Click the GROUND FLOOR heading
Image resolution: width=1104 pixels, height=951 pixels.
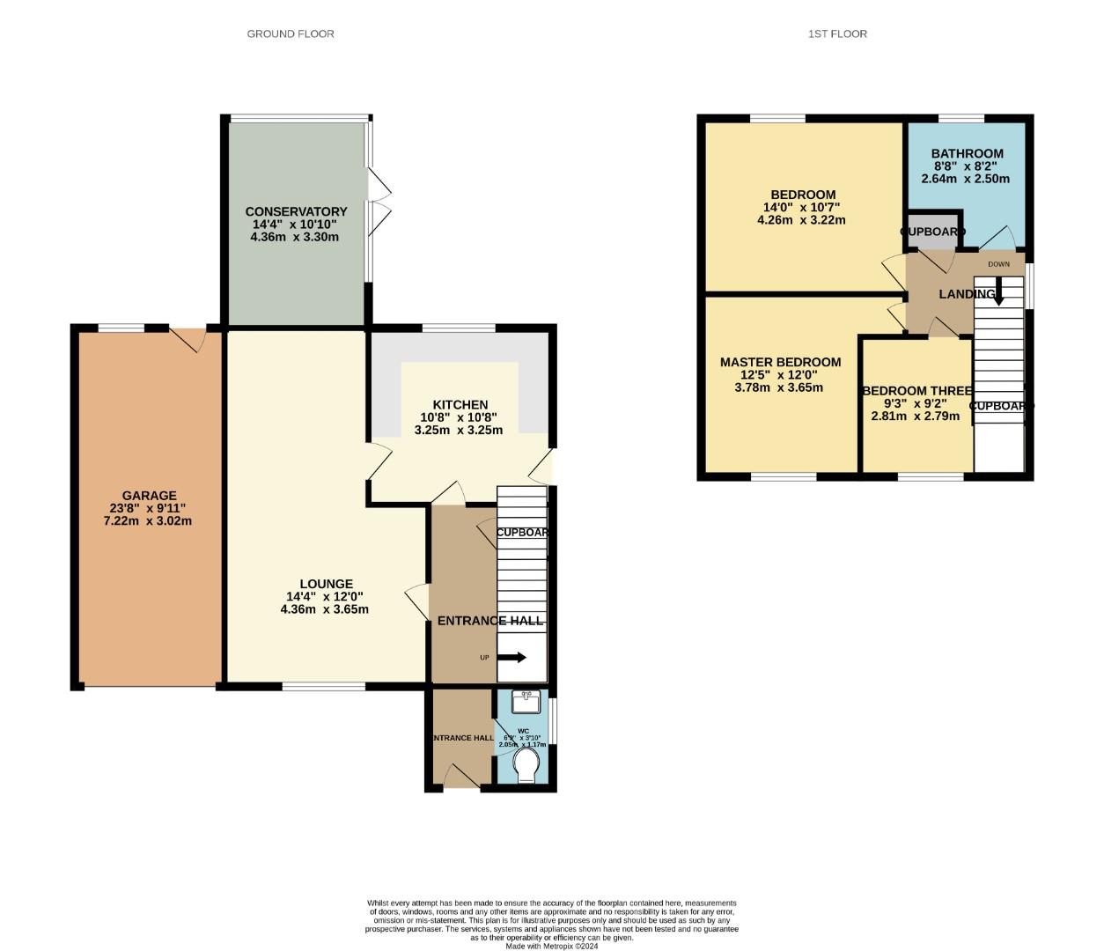coord(290,34)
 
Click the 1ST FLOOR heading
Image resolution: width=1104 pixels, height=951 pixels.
coord(837,34)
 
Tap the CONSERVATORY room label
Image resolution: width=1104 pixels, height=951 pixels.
coord(296,211)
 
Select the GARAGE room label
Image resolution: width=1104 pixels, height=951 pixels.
coord(149,496)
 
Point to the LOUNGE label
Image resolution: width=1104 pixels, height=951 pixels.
coord(326,584)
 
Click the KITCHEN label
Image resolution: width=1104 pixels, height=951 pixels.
coord(460,405)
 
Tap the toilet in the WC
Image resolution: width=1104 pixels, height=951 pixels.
coord(526,765)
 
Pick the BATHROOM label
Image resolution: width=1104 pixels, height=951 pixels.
coord(967,153)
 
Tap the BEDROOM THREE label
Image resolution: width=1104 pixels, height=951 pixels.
coord(916,391)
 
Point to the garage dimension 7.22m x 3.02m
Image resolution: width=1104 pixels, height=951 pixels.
coord(147,520)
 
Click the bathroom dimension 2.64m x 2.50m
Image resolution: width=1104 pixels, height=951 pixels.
coord(965,179)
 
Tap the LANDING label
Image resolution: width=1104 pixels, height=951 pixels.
coord(967,294)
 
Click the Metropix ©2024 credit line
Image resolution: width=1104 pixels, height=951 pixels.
coord(552,947)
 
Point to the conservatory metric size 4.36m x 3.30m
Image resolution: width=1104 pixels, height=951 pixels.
coord(294,237)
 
